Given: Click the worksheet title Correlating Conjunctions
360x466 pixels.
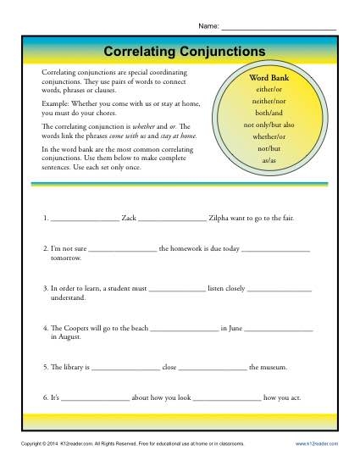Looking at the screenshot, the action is (x=180, y=50).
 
